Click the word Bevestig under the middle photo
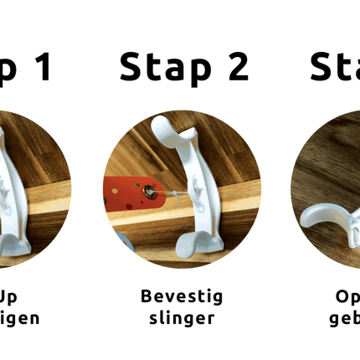(182, 297)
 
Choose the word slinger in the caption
(182, 319)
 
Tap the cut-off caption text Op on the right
(347, 297)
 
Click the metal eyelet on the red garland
(149, 193)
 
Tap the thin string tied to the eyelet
(167, 193)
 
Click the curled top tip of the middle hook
(158, 125)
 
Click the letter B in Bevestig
(147, 297)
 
